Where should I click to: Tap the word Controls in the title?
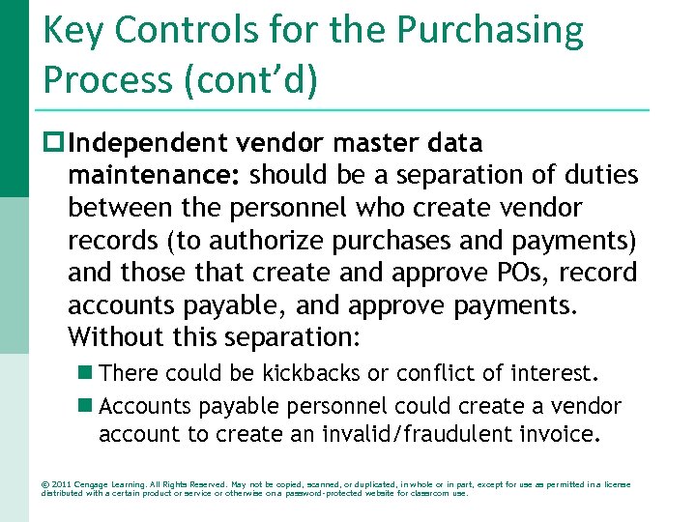point(180,31)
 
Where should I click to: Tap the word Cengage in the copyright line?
point(95,484)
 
